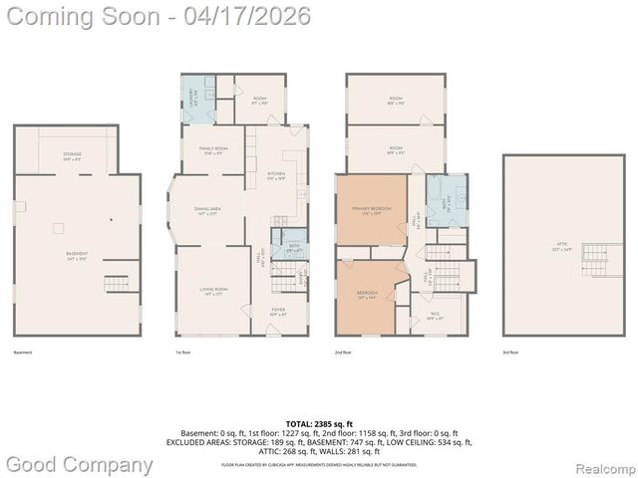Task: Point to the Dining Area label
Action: pos(207,210)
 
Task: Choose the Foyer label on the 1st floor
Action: pos(278,312)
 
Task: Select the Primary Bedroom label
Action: pos(371,209)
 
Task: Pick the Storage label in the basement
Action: pos(72,155)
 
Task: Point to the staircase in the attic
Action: pos(598,262)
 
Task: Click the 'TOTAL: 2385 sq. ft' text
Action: pos(318,424)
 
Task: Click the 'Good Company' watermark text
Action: pos(80,464)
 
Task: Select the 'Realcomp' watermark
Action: pos(602,466)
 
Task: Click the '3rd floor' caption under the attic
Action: pos(511,352)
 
